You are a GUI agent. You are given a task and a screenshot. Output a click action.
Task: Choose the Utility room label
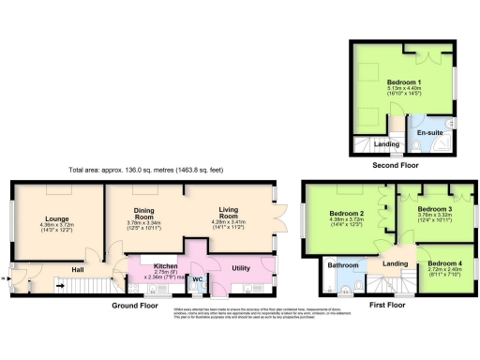click(x=241, y=268)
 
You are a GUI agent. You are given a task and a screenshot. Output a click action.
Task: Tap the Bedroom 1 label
click(x=404, y=82)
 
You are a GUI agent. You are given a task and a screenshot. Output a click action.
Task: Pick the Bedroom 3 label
click(x=434, y=209)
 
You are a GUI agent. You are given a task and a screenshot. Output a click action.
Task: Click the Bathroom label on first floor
click(x=339, y=265)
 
